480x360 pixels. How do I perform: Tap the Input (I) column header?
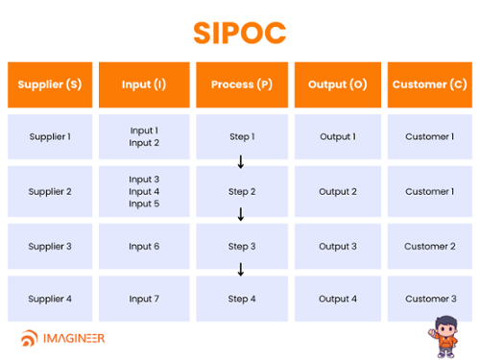[x=144, y=84]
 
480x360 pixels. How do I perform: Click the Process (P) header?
[x=241, y=84]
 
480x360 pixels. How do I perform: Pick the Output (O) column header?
[x=337, y=84]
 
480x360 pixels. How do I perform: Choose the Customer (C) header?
[x=429, y=84]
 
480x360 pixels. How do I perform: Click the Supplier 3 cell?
[x=50, y=247]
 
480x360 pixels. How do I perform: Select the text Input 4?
[x=144, y=191]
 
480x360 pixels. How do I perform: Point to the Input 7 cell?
[x=144, y=299]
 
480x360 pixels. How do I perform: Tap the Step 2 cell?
[x=242, y=191]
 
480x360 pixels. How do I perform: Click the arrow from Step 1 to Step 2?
[x=241, y=162]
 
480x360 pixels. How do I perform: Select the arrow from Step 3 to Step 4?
[x=241, y=271]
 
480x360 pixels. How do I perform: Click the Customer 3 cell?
[x=429, y=299]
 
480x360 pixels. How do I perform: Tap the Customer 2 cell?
[x=429, y=247]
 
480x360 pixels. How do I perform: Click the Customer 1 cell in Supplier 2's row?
[x=429, y=191]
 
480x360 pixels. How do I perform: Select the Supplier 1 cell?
[x=50, y=136]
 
